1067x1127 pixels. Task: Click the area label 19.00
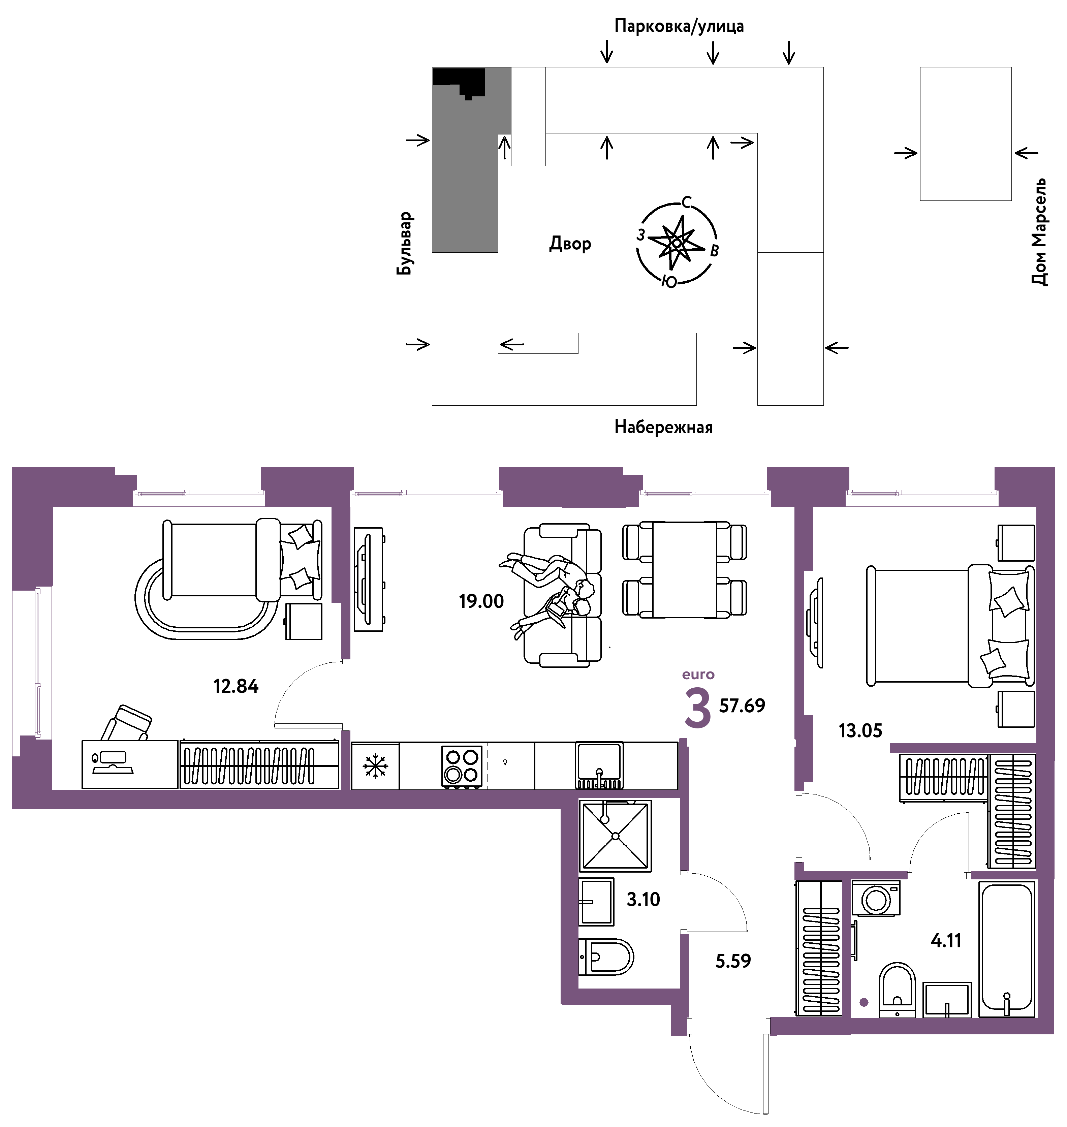point(481,601)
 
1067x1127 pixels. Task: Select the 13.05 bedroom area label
point(860,731)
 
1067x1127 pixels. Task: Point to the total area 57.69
point(742,706)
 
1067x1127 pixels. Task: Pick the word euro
point(698,675)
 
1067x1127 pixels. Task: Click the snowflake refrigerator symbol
point(375,766)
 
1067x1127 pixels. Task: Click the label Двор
point(570,244)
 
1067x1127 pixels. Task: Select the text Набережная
point(663,427)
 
